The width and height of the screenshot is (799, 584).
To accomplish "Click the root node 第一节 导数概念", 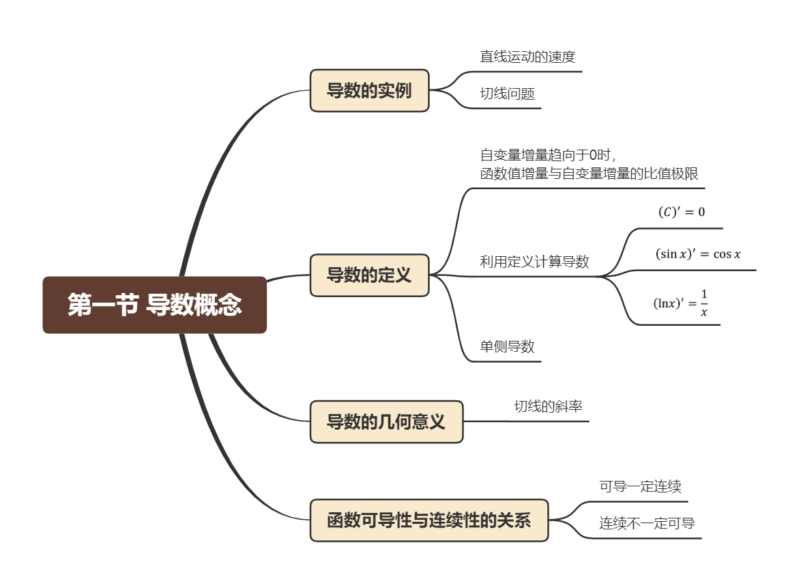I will tap(154, 305).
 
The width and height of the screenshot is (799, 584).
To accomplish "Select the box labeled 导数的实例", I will tap(369, 90).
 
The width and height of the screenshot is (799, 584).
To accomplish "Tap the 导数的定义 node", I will tap(369, 275).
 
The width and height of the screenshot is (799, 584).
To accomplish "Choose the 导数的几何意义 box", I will tap(386, 421).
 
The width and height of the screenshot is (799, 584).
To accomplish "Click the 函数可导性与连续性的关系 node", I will tap(429, 520).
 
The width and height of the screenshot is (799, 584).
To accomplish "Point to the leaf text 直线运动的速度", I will tap(527, 57).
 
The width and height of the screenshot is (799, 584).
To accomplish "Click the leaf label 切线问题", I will tap(507, 94).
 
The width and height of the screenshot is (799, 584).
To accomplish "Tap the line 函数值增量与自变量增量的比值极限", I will tap(589, 173).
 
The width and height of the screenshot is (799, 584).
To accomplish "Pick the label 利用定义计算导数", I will tap(534, 262).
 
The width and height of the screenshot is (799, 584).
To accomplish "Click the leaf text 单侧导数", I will tap(507, 346).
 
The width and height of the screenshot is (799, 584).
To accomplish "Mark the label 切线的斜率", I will tap(548, 406).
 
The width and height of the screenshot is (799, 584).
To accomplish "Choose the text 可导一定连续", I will tap(640, 487).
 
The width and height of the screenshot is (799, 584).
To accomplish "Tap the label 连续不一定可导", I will tap(647, 524).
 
